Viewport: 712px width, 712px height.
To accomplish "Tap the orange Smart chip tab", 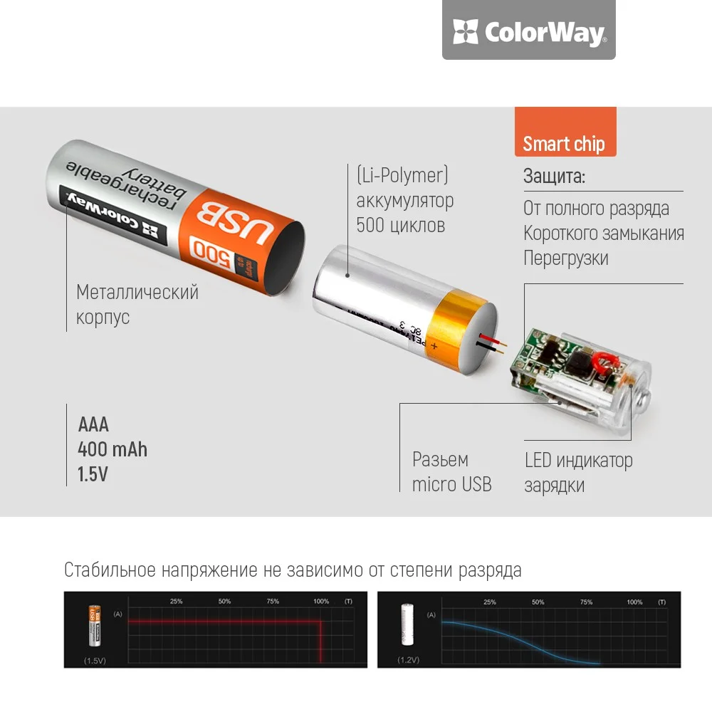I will (564, 143).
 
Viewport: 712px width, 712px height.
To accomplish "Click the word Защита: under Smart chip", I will (555, 177).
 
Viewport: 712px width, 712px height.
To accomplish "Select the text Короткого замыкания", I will (603, 233).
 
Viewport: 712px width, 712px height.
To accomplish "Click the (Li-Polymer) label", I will (402, 175).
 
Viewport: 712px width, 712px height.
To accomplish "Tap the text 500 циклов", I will (400, 225).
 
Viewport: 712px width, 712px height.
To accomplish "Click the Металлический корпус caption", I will (137, 304).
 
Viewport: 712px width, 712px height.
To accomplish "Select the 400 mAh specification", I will (112, 449).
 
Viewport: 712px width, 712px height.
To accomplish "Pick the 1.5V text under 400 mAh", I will (93, 473).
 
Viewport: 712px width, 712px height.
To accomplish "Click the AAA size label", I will (93, 425).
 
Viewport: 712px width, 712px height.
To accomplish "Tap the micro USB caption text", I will (451, 484).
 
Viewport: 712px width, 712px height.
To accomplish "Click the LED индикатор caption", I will (578, 460).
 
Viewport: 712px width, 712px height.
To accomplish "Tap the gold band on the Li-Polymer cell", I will (456, 328).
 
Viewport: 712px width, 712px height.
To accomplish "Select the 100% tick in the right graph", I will (634, 602).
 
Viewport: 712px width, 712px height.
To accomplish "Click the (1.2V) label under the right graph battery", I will (408, 660).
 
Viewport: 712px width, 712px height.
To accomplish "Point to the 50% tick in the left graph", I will (224, 602).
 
